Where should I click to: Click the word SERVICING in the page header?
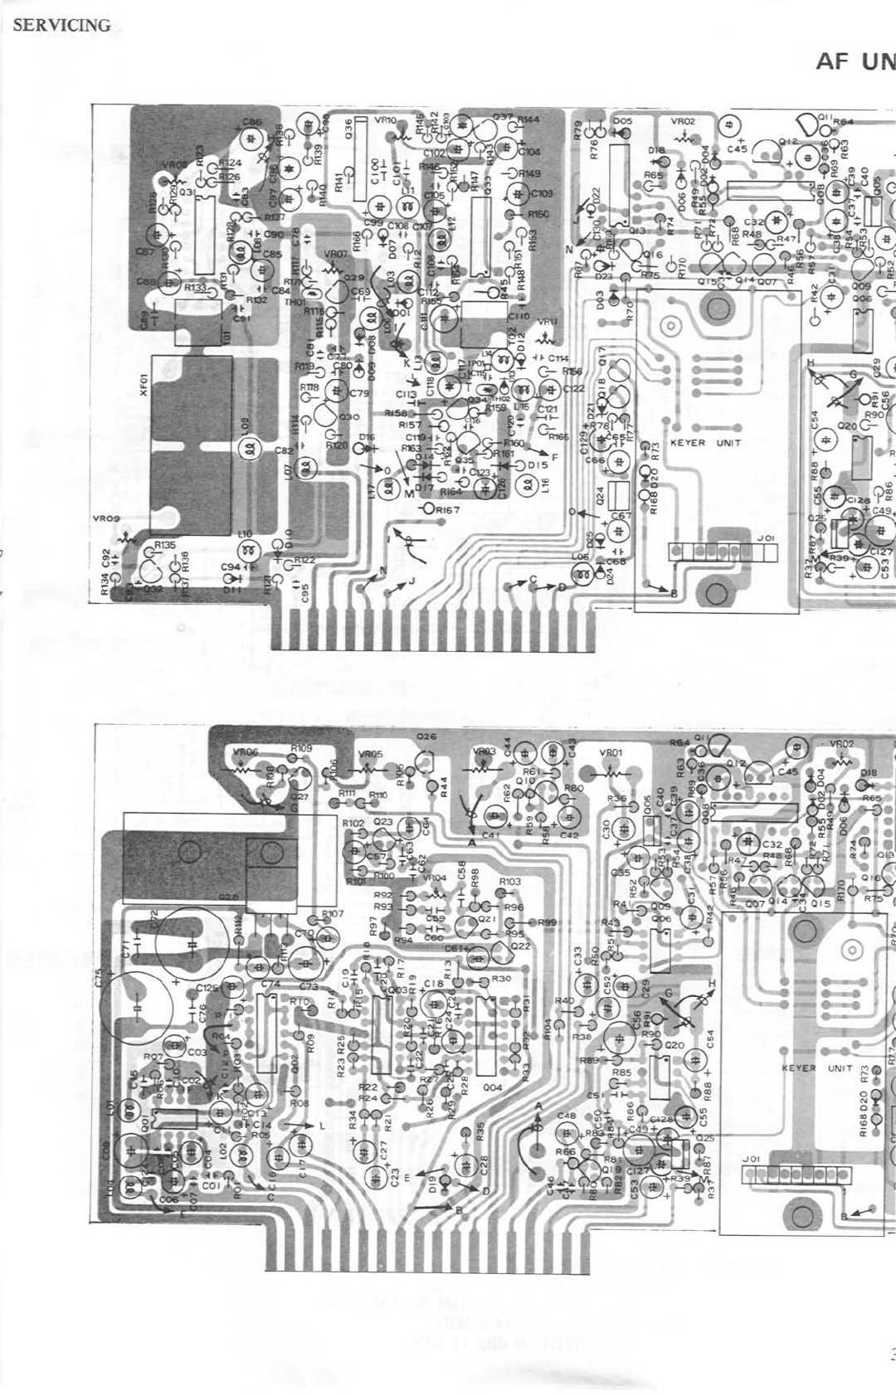61,25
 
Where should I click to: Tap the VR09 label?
106,518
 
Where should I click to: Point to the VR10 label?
386,120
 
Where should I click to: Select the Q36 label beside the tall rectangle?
349,131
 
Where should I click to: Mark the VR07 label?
335,254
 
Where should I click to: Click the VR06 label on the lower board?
246,752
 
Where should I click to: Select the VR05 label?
370,754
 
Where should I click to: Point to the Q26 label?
426,737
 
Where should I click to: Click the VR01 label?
611,753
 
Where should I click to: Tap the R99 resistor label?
548,922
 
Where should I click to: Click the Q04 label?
492,1087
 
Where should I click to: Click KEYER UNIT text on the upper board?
705,443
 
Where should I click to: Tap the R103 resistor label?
509,881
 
